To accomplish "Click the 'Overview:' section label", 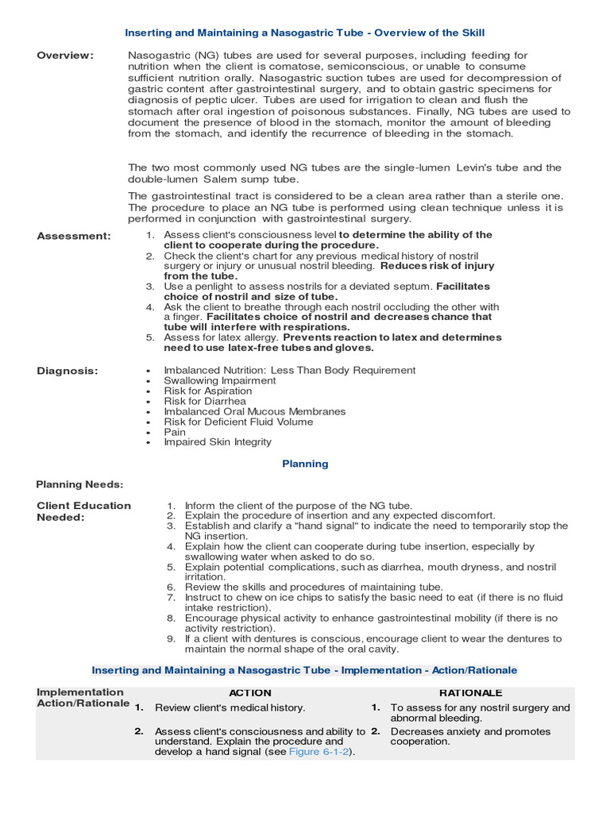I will [65, 55].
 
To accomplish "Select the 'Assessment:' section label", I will [74, 236].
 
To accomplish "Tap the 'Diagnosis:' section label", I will [68, 370].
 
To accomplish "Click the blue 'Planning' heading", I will [305, 464].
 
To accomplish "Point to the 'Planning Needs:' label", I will [79, 484].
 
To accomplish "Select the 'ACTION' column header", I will [250, 692].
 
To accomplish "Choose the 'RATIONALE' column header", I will [471, 692].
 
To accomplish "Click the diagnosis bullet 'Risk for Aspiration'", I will [207, 391].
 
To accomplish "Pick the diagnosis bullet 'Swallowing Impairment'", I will [219, 380].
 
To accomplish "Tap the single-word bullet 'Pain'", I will [175, 432].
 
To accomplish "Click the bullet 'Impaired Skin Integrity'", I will [217, 442].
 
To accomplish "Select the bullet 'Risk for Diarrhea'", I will [205, 401].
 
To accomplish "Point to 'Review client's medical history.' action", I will [230, 707].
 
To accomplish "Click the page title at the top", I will [305, 33].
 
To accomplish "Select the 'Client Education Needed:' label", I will [83, 511].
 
